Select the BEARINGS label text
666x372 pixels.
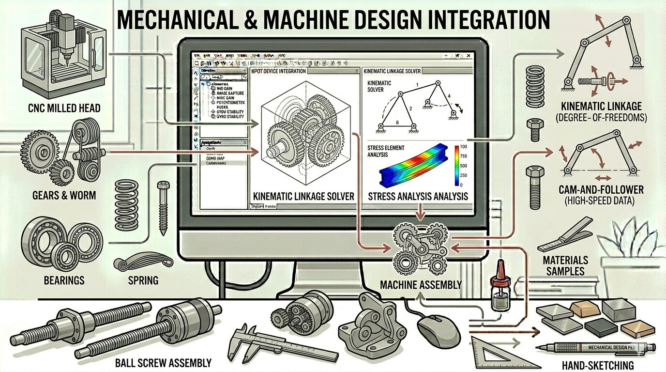click(x=64, y=280)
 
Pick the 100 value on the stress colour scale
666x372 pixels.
click(x=463, y=147)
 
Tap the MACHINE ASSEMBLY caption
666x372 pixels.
click(x=421, y=284)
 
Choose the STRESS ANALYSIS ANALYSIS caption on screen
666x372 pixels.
click(x=417, y=197)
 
